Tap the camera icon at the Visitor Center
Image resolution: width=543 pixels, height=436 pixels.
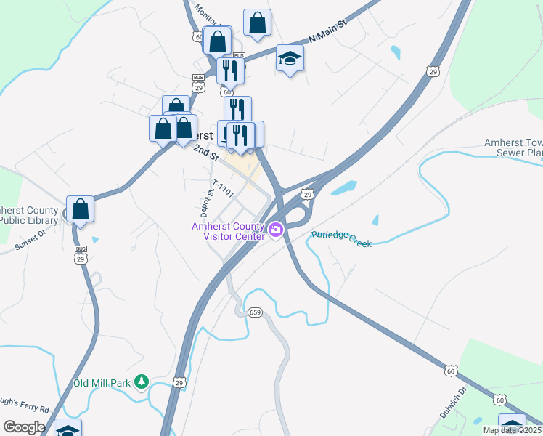(276, 231)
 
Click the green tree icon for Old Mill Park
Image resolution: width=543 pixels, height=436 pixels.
(142, 381)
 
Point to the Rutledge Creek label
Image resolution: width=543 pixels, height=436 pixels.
(341, 239)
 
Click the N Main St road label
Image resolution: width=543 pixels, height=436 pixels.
(328, 34)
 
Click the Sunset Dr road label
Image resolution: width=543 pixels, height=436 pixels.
(29, 241)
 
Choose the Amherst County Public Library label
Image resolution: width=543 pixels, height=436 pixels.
(29, 215)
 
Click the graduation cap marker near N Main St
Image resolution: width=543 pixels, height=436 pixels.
(290, 60)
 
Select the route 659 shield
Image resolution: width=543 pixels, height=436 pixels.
(254, 312)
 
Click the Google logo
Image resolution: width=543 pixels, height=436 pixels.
(24, 427)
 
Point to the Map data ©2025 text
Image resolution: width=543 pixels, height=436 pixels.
(513, 430)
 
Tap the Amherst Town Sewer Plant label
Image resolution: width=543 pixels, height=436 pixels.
(513, 148)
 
